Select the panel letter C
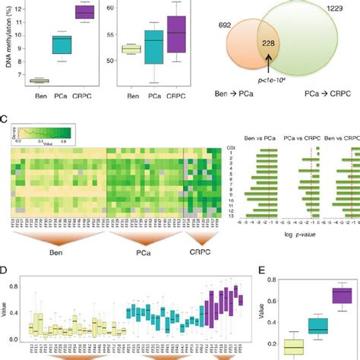pos(5,119)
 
